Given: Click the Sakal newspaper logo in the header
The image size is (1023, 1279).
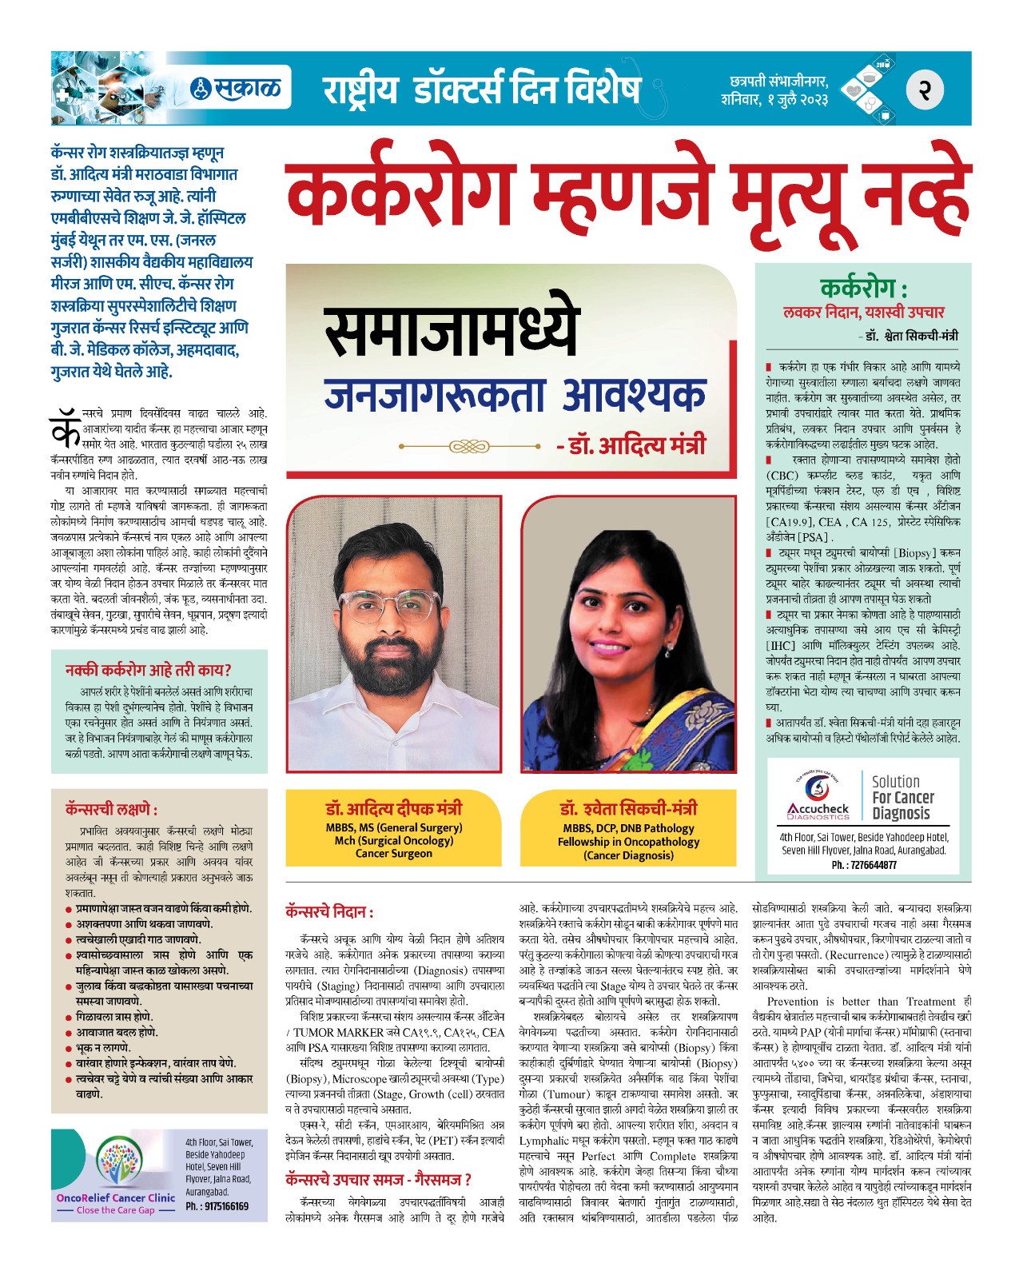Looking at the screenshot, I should (239, 87).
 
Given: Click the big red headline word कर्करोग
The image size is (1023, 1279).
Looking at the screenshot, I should (400, 194).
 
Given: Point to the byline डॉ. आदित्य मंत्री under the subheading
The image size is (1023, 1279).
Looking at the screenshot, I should (631, 445).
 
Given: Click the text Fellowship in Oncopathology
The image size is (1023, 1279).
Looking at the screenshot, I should (628, 842).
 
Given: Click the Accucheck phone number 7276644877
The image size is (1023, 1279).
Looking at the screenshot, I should (864, 865).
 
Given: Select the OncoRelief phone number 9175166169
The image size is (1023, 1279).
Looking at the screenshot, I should (217, 1206).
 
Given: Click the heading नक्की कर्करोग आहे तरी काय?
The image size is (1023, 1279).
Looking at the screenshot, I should (149, 670).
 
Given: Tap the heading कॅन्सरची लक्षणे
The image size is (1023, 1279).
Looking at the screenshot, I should (112, 809).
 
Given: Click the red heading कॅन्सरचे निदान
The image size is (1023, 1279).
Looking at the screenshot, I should (329, 911).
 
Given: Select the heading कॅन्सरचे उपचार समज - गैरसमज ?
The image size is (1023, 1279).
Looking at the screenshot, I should (378, 1179).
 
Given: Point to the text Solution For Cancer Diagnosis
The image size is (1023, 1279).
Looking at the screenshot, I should (902, 798).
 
